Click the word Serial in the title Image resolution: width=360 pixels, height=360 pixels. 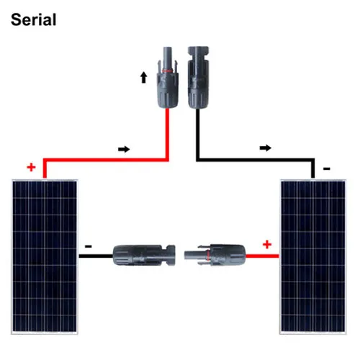34,19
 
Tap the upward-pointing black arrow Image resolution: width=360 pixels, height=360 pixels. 143,77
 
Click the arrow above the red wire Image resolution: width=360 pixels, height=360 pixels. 124,149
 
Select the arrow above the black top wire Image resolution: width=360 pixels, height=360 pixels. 266,148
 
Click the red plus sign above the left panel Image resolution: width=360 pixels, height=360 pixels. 31,167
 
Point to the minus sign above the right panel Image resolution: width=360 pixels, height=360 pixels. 327,168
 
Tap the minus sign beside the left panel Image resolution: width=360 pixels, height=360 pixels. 88,246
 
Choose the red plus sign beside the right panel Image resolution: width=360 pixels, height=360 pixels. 267,245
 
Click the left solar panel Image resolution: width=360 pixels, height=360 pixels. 45,256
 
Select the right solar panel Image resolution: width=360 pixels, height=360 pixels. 313,256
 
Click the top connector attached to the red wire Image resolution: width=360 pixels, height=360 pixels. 168,77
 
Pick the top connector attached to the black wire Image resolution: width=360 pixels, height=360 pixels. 198,77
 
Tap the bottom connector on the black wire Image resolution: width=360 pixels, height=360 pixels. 144,255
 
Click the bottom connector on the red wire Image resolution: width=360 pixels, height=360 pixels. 215,255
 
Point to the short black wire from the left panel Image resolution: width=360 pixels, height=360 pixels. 96,256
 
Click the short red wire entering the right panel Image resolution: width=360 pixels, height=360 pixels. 263,256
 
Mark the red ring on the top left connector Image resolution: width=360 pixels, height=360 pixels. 168,71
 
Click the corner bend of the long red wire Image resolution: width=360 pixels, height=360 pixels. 167,160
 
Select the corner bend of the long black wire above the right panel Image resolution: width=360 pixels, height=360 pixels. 312,160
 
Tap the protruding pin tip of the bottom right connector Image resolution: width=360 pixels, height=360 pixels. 185,255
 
